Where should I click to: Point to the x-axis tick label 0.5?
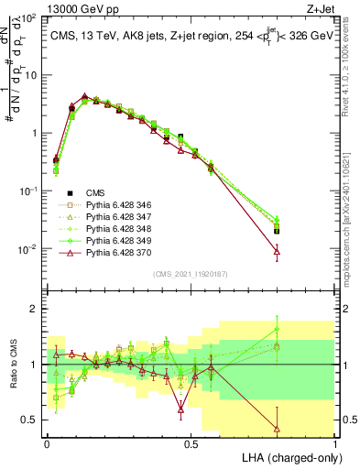pyautogui.click(x=191, y=444)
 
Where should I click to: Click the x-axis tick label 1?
pyautogui.click(x=335, y=444)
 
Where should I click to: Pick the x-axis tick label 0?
pyautogui.click(x=47, y=444)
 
